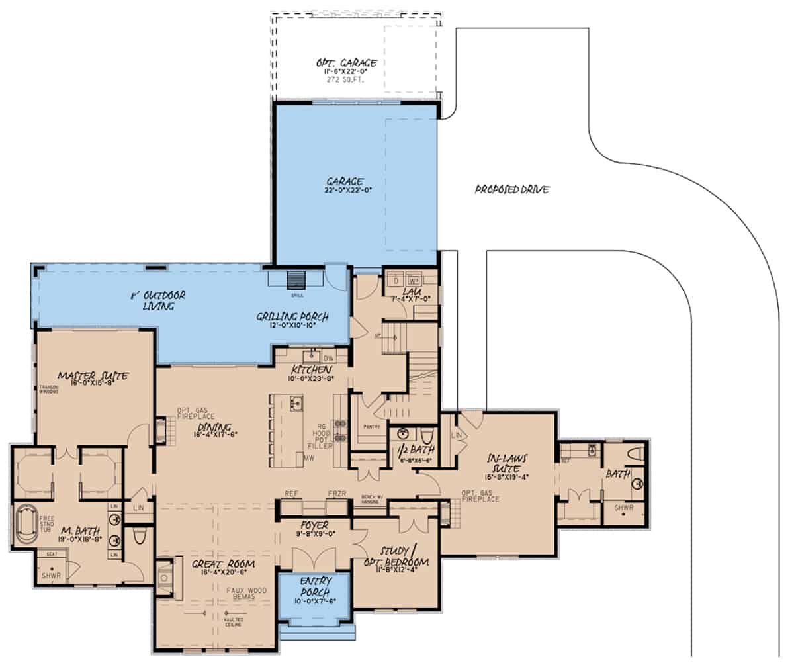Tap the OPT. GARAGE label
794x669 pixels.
(x=346, y=64)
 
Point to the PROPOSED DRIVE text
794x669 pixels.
(x=512, y=190)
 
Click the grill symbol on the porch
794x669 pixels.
(x=296, y=280)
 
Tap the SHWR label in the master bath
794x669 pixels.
(x=51, y=576)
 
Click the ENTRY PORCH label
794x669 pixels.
(x=314, y=584)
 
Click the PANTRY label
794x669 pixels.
(x=371, y=427)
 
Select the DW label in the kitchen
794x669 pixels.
(x=329, y=358)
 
